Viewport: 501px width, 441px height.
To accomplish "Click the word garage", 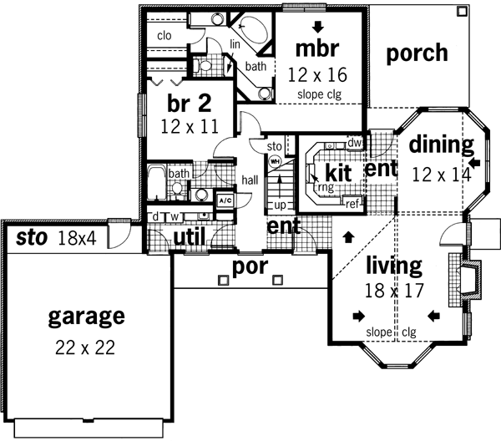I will click(x=86, y=317).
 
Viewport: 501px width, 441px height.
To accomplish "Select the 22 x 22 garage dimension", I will click(x=86, y=347).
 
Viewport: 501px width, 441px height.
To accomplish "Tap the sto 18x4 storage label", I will click(x=56, y=239).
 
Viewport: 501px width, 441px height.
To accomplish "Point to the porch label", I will click(x=417, y=53).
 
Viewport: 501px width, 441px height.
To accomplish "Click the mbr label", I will click(x=318, y=46).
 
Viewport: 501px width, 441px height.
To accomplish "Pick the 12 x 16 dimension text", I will click(x=317, y=74).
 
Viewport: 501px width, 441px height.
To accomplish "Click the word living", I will click(x=393, y=266).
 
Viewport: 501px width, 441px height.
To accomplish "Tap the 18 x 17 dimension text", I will click(x=394, y=291).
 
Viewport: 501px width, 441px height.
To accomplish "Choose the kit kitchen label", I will click(x=337, y=173).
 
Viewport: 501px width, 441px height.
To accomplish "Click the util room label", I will click(x=190, y=239).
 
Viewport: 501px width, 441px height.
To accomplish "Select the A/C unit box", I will click(x=224, y=200).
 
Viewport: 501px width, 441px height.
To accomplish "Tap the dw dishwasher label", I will click(x=353, y=143).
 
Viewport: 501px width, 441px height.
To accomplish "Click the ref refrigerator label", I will click(x=354, y=203).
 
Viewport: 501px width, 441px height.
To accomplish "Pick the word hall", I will click(x=250, y=179).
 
